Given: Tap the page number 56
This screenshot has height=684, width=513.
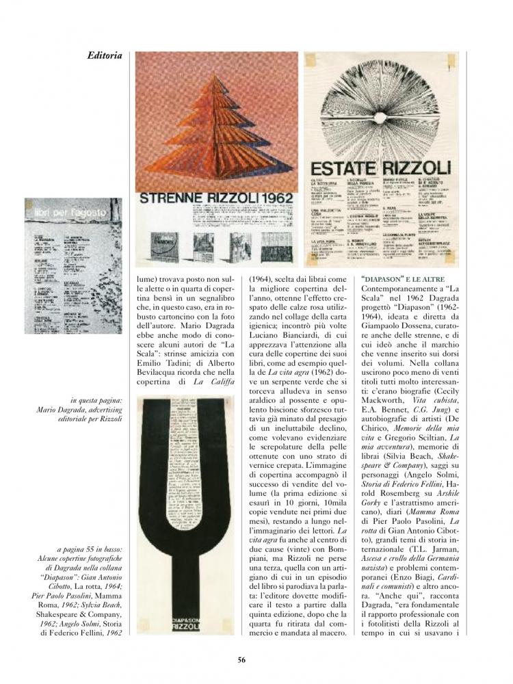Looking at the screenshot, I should click(241, 659).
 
